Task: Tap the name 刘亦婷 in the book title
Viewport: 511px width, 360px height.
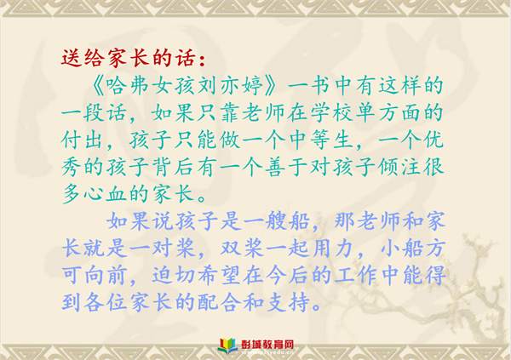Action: (230, 86)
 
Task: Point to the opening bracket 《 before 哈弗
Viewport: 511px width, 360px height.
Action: (97, 86)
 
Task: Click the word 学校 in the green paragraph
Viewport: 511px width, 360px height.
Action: (331, 112)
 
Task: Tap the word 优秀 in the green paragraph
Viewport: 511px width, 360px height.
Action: (433, 140)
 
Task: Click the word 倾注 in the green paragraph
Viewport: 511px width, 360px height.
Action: (399, 167)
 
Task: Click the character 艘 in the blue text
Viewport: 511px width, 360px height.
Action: (276, 221)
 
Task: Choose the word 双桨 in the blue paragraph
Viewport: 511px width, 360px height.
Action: (242, 249)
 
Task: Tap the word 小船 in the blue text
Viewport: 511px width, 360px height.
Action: (402, 249)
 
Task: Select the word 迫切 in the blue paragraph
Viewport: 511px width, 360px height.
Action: (174, 276)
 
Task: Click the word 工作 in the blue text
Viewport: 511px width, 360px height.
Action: (356, 276)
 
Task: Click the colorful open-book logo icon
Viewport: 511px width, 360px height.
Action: (228, 346)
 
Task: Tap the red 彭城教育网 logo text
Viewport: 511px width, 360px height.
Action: (267, 345)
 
